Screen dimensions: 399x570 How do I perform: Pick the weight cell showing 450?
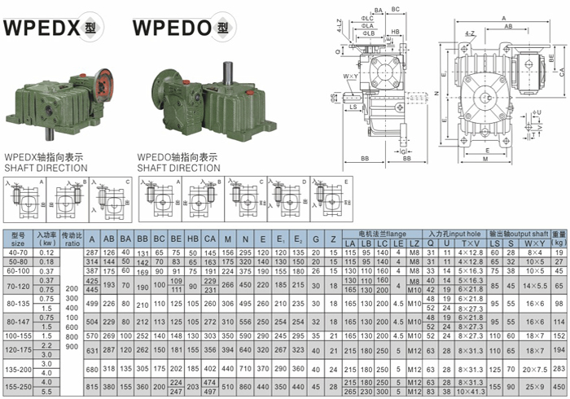click(558, 385)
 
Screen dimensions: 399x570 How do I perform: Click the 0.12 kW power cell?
click(45, 253)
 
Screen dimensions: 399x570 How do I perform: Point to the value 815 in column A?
click(92, 385)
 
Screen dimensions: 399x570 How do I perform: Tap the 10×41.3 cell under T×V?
click(471, 391)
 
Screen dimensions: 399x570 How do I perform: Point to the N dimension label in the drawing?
click(436, 92)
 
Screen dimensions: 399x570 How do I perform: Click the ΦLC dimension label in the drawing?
click(367, 18)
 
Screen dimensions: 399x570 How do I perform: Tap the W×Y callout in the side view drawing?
click(350, 77)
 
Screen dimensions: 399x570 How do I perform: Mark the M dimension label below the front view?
click(485, 159)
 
